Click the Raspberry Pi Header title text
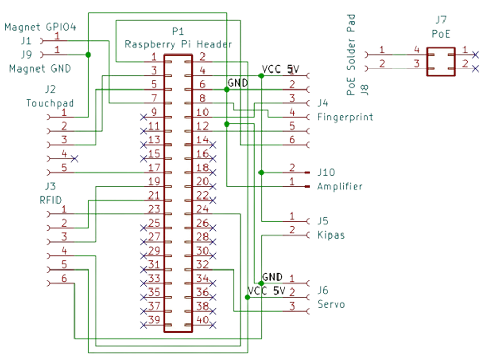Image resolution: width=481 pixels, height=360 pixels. pos(178,44)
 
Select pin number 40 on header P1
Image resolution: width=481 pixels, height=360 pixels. pos(202,319)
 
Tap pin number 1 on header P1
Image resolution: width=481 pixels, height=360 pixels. pos(154,57)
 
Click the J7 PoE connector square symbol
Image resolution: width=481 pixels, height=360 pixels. pos(440,62)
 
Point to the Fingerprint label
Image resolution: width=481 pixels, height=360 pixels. pos(345,117)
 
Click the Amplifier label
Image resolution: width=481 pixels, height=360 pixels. pos(340,186)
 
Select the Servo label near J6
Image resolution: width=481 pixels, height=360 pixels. pos(331,304)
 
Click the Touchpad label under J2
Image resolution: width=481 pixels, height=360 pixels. pos(50,103)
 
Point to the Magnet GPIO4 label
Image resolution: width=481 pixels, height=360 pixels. pos(41,27)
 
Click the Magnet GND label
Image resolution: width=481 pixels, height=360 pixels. pos(40,68)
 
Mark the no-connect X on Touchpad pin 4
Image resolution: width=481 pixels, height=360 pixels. pos(75,158)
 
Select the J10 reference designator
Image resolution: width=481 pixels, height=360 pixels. pos(326,171)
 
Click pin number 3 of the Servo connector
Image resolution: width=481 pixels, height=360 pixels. pos(292,305)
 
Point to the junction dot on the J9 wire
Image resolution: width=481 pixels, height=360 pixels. pos(89,54)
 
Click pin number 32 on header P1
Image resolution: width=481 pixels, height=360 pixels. pos(202,265)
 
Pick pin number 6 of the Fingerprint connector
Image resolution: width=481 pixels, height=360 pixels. pos(292,139)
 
